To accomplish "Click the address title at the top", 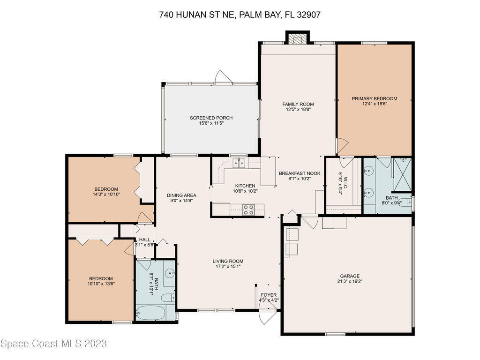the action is (240, 15).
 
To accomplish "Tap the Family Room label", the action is (298, 104).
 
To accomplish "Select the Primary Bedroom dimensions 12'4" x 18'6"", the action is (375, 104).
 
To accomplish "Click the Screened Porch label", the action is (211, 118).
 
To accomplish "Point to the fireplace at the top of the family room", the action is (298, 38).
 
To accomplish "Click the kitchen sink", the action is (239, 163).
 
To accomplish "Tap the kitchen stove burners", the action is (248, 210).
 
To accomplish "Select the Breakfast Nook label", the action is (300, 173).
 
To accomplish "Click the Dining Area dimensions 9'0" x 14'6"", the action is (181, 201).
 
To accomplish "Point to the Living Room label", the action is (228, 261).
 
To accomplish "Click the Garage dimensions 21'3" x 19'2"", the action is (350, 281).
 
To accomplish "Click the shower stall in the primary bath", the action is (403, 175).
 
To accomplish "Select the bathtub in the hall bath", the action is (150, 312).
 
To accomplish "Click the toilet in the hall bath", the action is (168, 298).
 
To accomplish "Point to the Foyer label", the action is (269, 295).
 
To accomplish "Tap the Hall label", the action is (145, 240).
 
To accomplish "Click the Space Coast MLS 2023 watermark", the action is (53, 344).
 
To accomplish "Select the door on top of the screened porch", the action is (221, 77).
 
